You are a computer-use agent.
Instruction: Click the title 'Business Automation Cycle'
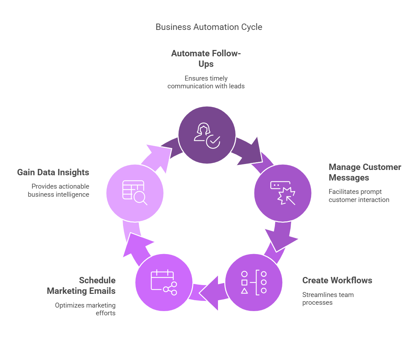tap(209, 27)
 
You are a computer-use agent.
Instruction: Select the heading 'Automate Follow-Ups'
tap(206, 58)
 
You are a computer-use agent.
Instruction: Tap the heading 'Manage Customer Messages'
tap(365, 172)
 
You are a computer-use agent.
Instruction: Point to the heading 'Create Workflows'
tap(337, 280)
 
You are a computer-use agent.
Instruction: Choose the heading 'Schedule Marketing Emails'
tap(81, 285)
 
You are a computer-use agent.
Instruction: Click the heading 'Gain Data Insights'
tap(53, 172)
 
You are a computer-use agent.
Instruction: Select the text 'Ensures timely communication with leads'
tap(206, 82)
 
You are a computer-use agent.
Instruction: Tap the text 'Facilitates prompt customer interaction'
tap(359, 196)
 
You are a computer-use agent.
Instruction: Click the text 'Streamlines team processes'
tap(328, 299)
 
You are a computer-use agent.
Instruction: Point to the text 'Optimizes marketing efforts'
tap(85, 309)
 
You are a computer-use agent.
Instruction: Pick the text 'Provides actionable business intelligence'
tap(59, 190)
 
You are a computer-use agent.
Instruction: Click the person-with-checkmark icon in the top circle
tap(207, 135)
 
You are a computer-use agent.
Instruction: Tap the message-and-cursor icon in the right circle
tap(283, 193)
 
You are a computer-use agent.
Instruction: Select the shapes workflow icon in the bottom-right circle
tap(254, 282)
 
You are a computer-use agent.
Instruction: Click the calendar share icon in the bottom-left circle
tap(164, 282)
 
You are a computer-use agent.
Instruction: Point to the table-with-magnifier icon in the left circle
tap(135, 193)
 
